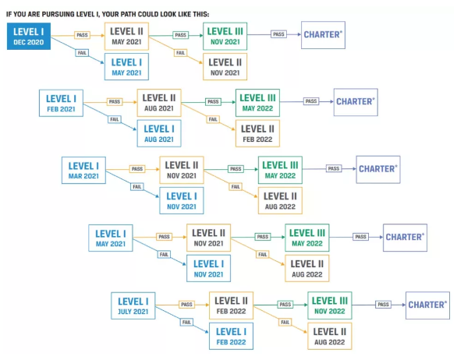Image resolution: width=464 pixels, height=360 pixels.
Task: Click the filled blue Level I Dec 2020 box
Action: (29, 37)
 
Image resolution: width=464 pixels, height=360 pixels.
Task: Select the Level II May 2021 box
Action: (126, 37)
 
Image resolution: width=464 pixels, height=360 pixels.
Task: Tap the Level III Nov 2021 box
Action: (225, 37)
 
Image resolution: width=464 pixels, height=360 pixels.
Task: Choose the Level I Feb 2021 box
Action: (61, 103)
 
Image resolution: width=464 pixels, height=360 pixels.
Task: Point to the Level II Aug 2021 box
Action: (159, 103)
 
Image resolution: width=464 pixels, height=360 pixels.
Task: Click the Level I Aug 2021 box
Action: (159, 133)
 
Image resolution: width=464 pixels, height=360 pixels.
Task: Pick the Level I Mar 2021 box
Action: (83, 170)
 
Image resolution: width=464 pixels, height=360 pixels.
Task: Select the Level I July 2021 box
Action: (133, 306)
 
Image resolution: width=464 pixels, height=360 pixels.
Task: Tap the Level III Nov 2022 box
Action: (330, 305)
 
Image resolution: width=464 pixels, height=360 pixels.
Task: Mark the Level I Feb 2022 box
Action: (231, 337)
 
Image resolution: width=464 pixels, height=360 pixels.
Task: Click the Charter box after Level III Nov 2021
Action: (323, 35)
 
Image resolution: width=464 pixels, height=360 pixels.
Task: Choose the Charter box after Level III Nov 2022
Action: (427, 305)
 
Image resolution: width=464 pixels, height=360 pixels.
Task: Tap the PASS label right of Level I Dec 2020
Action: (82, 35)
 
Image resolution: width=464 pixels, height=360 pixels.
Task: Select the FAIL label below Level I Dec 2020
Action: (82, 53)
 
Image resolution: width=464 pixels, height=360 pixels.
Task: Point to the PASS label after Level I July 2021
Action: (186, 305)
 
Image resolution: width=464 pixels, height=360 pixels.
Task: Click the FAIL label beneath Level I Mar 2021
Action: (137, 187)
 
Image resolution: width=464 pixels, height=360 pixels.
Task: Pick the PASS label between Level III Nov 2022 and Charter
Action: (383, 305)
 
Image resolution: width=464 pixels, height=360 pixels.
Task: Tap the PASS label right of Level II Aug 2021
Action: (213, 102)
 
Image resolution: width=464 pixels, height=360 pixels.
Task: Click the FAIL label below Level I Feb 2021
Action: (115, 119)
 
